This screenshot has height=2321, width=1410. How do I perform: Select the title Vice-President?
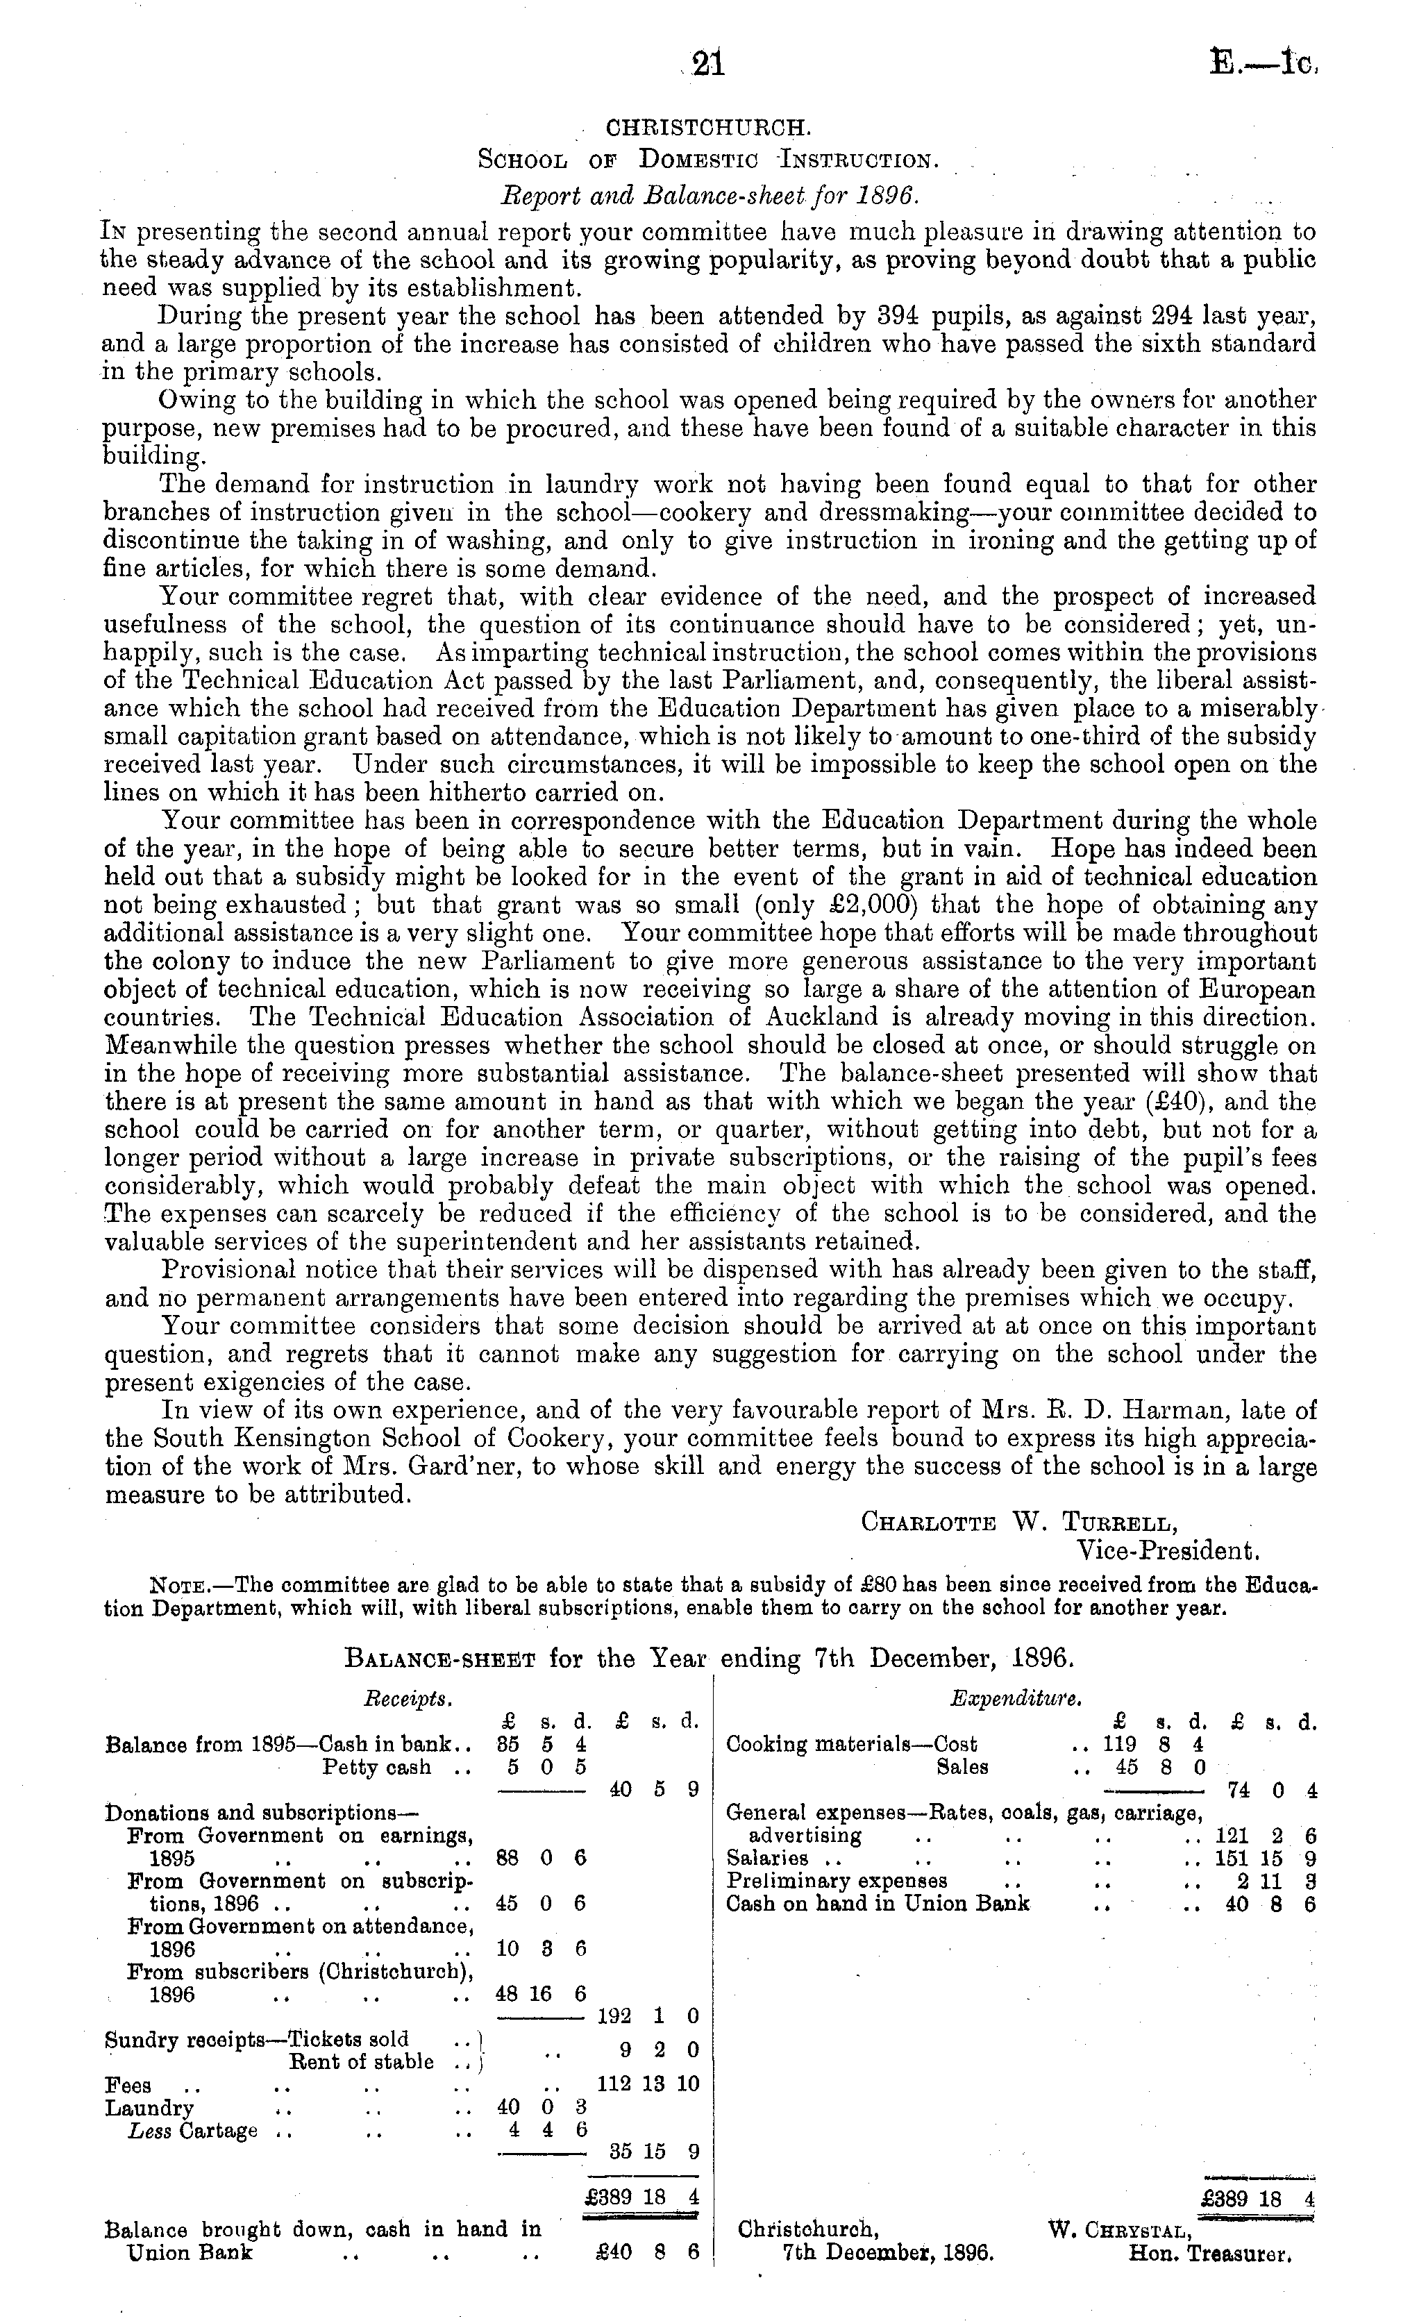coord(1168,1550)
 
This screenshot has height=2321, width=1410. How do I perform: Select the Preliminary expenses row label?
coord(837,1881)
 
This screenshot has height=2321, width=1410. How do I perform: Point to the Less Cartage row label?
coord(193,2131)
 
